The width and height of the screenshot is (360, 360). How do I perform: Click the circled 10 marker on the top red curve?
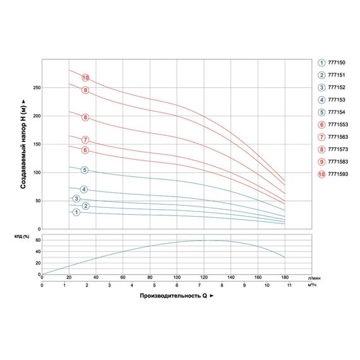point(86,78)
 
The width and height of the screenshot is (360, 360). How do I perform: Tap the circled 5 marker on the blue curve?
point(85,170)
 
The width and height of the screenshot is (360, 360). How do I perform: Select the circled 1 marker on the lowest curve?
point(76,212)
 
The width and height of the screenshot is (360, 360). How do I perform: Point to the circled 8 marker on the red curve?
point(85,117)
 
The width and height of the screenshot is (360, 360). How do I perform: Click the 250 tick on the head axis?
point(36,88)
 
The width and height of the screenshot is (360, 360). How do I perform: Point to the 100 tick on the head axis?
point(36,172)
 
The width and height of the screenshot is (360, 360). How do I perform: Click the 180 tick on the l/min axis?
point(285,277)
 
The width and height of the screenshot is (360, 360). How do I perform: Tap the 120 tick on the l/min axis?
point(204,277)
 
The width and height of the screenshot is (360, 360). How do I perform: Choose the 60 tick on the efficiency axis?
point(37,241)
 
